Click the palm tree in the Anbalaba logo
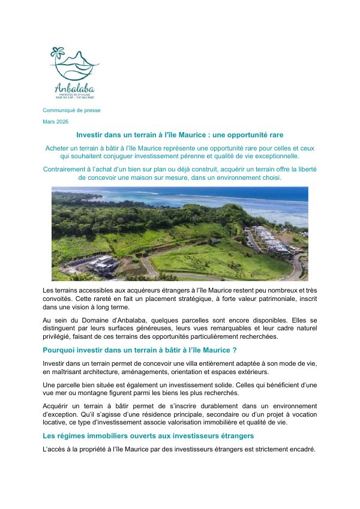58,54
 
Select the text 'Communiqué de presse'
71,110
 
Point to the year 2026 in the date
62,122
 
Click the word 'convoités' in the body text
59,298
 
